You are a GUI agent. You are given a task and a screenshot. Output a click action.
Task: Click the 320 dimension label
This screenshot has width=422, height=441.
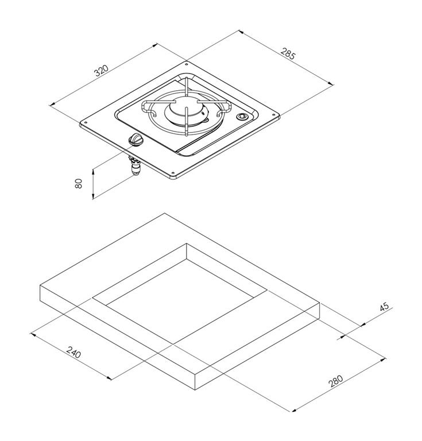[x=101, y=71]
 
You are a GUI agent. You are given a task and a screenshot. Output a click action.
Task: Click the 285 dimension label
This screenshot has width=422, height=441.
[x=288, y=53]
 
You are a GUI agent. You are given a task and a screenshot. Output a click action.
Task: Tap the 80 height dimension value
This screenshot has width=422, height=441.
[x=79, y=184]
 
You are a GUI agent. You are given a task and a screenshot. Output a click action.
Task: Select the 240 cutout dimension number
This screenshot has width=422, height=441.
[x=74, y=352]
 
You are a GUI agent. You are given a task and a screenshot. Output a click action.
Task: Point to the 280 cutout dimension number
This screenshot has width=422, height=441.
[x=336, y=381]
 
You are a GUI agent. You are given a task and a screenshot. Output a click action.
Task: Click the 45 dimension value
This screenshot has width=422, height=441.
[x=384, y=306]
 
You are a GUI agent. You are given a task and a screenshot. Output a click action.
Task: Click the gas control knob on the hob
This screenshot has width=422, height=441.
[x=136, y=140]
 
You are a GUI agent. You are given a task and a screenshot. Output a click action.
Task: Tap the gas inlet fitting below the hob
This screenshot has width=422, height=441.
[x=135, y=165]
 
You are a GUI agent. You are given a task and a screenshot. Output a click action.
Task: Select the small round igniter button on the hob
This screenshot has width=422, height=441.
[x=242, y=117]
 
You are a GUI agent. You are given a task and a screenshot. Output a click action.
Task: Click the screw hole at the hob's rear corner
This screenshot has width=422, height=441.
[x=187, y=64]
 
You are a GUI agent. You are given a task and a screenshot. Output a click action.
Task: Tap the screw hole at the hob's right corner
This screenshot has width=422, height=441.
[x=273, y=114]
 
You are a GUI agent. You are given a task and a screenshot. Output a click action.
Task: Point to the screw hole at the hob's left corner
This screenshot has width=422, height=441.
[x=86, y=123]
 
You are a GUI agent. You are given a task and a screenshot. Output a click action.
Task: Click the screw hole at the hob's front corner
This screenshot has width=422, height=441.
[x=173, y=172]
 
